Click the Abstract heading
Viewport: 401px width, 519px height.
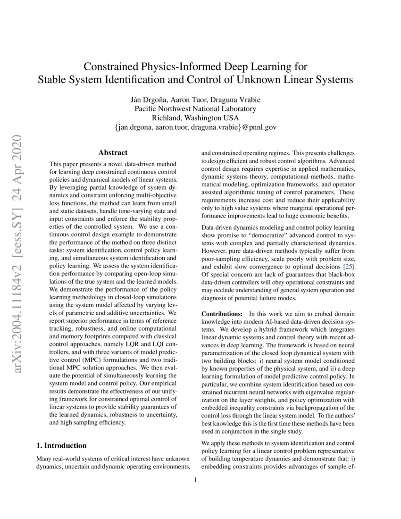point(113,152)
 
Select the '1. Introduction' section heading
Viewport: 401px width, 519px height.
point(61,445)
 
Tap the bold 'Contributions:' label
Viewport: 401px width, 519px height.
point(222,314)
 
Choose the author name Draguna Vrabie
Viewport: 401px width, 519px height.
point(231,100)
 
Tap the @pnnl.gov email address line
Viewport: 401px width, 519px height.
point(195,127)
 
